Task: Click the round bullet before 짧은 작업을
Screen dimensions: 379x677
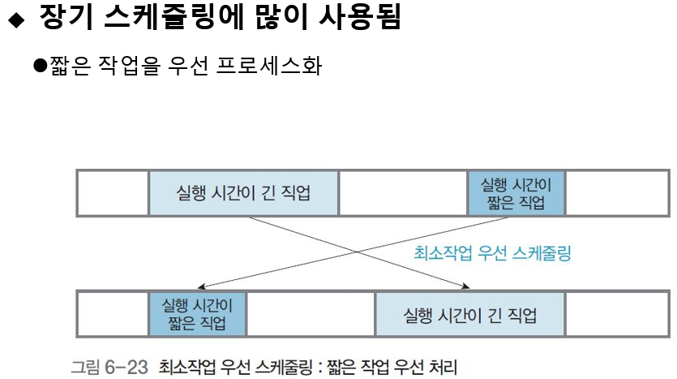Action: (37, 66)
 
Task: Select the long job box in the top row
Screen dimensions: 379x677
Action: (243, 193)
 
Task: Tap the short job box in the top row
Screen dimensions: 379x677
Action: (516, 193)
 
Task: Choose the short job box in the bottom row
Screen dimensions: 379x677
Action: (197, 314)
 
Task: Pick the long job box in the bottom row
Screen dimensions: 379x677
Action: (469, 314)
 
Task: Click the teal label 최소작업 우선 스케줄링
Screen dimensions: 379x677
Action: (493, 253)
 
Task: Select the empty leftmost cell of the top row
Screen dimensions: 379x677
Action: (113, 193)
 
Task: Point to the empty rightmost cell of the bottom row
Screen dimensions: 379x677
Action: (615, 314)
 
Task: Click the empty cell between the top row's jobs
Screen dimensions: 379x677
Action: (403, 193)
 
